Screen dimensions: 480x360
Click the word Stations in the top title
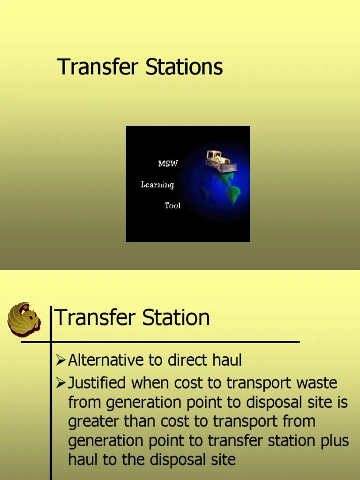pyautogui.click(x=184, y=67)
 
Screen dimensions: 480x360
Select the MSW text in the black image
pyautogui.click(x=168, y=164)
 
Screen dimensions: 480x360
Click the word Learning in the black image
pyautogui.click(x=157, y=185)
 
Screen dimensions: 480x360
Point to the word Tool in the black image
pyautogui.click(x=172, y=205)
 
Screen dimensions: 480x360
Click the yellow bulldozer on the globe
pyautogui.click(x=220, y=161)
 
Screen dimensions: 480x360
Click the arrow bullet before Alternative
pyautogui.click(x=60, y=360)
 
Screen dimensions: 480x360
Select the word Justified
pyautogui.click(x=97, y=383)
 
